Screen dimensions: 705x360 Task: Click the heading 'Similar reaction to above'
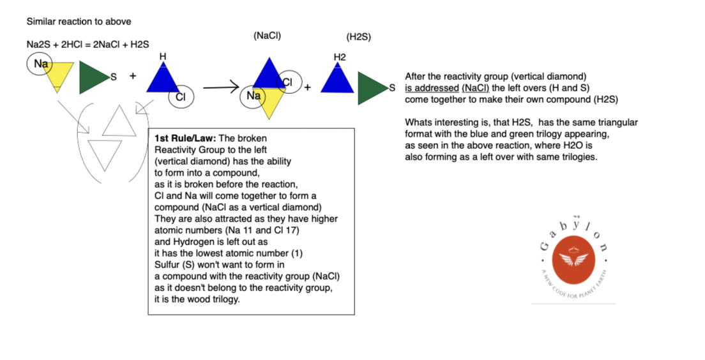click(79, 22)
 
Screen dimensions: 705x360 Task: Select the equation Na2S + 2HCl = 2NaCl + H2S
click(87, 44)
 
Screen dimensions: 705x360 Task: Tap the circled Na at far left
click(41, 64)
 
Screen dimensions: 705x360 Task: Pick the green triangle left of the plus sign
click(93, 78)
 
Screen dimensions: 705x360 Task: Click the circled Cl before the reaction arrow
click(181, 97)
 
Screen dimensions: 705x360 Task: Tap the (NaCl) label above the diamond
click(267, 36)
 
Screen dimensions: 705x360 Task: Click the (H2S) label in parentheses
click(358, 37)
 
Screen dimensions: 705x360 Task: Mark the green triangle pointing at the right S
click(371, 88)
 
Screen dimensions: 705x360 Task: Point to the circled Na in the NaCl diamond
click(254, 96)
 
